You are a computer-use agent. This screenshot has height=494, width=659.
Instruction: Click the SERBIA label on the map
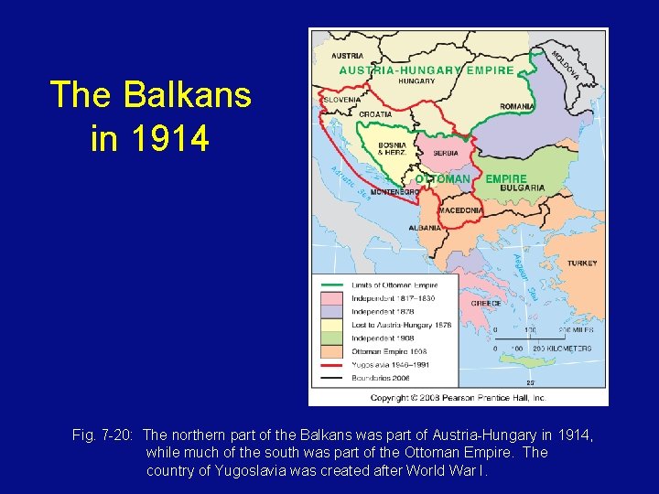click(446, 153)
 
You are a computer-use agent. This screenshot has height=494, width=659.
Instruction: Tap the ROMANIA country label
click(517, 107)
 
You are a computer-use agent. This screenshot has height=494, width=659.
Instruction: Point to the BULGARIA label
click(524, 188)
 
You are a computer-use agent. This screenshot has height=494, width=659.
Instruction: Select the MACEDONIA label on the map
click(460, 210)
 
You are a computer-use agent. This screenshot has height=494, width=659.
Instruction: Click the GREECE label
click(485, 303)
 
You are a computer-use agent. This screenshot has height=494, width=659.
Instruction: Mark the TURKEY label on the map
click(582, 263)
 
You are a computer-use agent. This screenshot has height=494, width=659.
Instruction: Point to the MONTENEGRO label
click(394, 192)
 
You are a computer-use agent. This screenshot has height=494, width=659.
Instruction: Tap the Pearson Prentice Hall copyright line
click(458, 398)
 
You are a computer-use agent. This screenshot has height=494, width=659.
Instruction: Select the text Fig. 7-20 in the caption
click(103, 436)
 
